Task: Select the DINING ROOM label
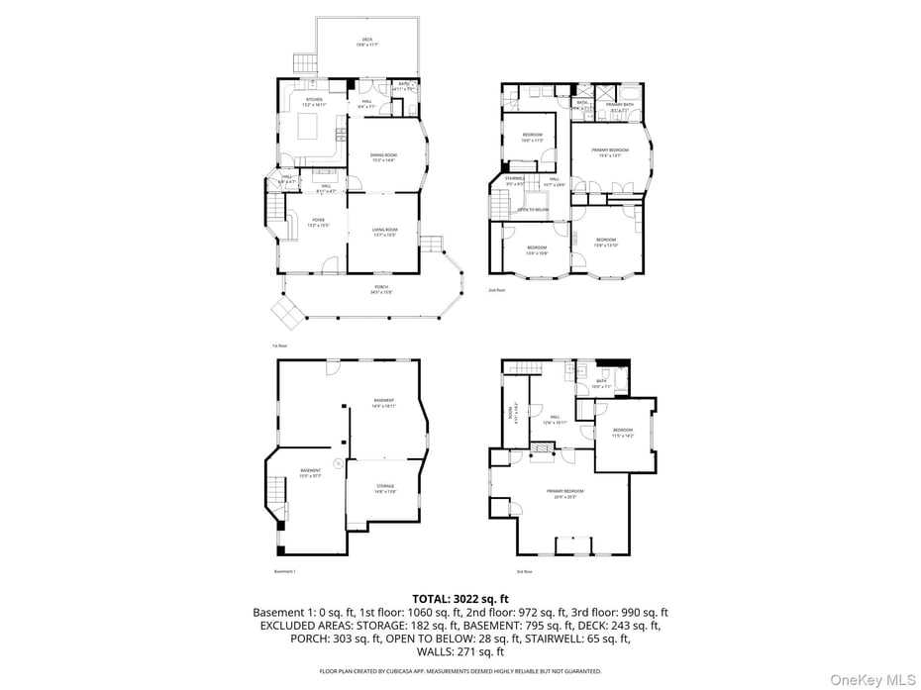[383, 156]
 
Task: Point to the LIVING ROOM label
[384, 232]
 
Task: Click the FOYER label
[318, 223]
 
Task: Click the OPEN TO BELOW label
[533, 210]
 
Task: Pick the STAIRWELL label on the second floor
[515, 180]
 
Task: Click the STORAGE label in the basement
[384, 488]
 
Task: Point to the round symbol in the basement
[338, 463]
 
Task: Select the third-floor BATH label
[601, 382]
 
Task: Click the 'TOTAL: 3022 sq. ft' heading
[460, 599]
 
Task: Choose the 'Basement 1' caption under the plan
[285, 571]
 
